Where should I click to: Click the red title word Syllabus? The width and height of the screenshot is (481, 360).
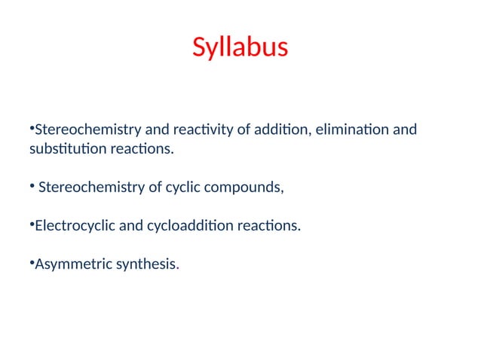pos(240,47)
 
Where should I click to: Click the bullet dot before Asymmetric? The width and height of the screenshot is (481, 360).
pos(32,263)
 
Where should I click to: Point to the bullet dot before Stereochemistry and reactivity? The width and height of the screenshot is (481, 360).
pos(32,130)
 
